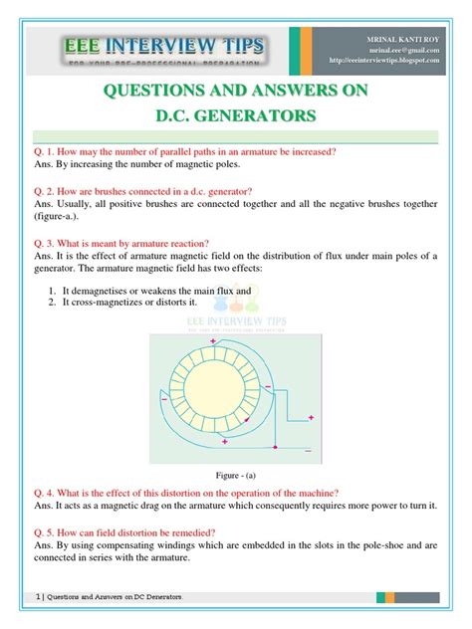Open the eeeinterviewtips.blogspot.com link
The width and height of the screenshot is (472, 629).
click(395, 61)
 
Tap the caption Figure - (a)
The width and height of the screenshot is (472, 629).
click(235, 475)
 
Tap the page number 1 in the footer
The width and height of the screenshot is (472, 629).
click(37, 597)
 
